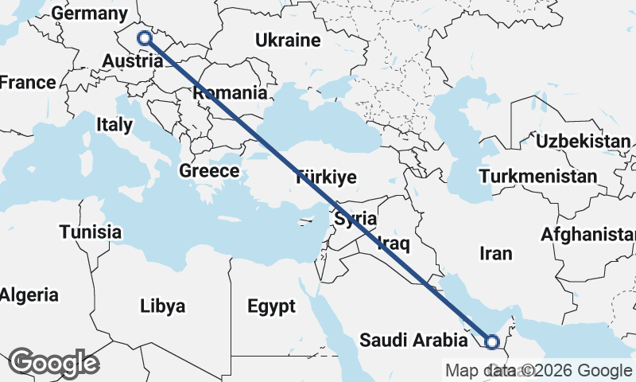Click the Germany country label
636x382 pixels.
[88, 14]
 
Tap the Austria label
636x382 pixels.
[133, 61]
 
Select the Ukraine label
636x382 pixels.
[288, 40]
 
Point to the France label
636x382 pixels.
[27, 82]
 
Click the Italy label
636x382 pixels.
[114, 124]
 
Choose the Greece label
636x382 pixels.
[209, 170]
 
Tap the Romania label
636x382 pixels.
[231, 93]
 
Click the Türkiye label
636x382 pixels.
[326, 177]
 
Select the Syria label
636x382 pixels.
[355, 217]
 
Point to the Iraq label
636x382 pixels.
[394, 242]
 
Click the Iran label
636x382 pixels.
[496, 253]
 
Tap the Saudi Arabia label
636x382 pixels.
[413, 341]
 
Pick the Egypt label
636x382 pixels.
[271, 306]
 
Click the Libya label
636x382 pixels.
[162, 306]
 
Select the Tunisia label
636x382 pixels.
[90, 232]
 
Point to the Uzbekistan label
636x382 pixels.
[584, 141]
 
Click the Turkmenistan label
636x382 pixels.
[539, 176]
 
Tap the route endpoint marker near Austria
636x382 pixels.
[144, 37]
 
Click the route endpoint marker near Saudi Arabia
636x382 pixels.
[492, 342]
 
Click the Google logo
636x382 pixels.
[54, 363]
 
